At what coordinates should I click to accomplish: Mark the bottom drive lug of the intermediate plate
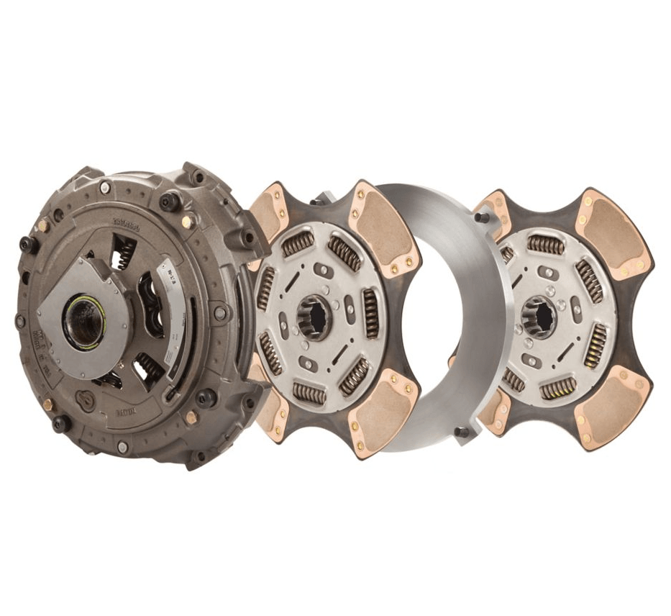461,432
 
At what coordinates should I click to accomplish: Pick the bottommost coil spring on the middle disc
309,393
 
